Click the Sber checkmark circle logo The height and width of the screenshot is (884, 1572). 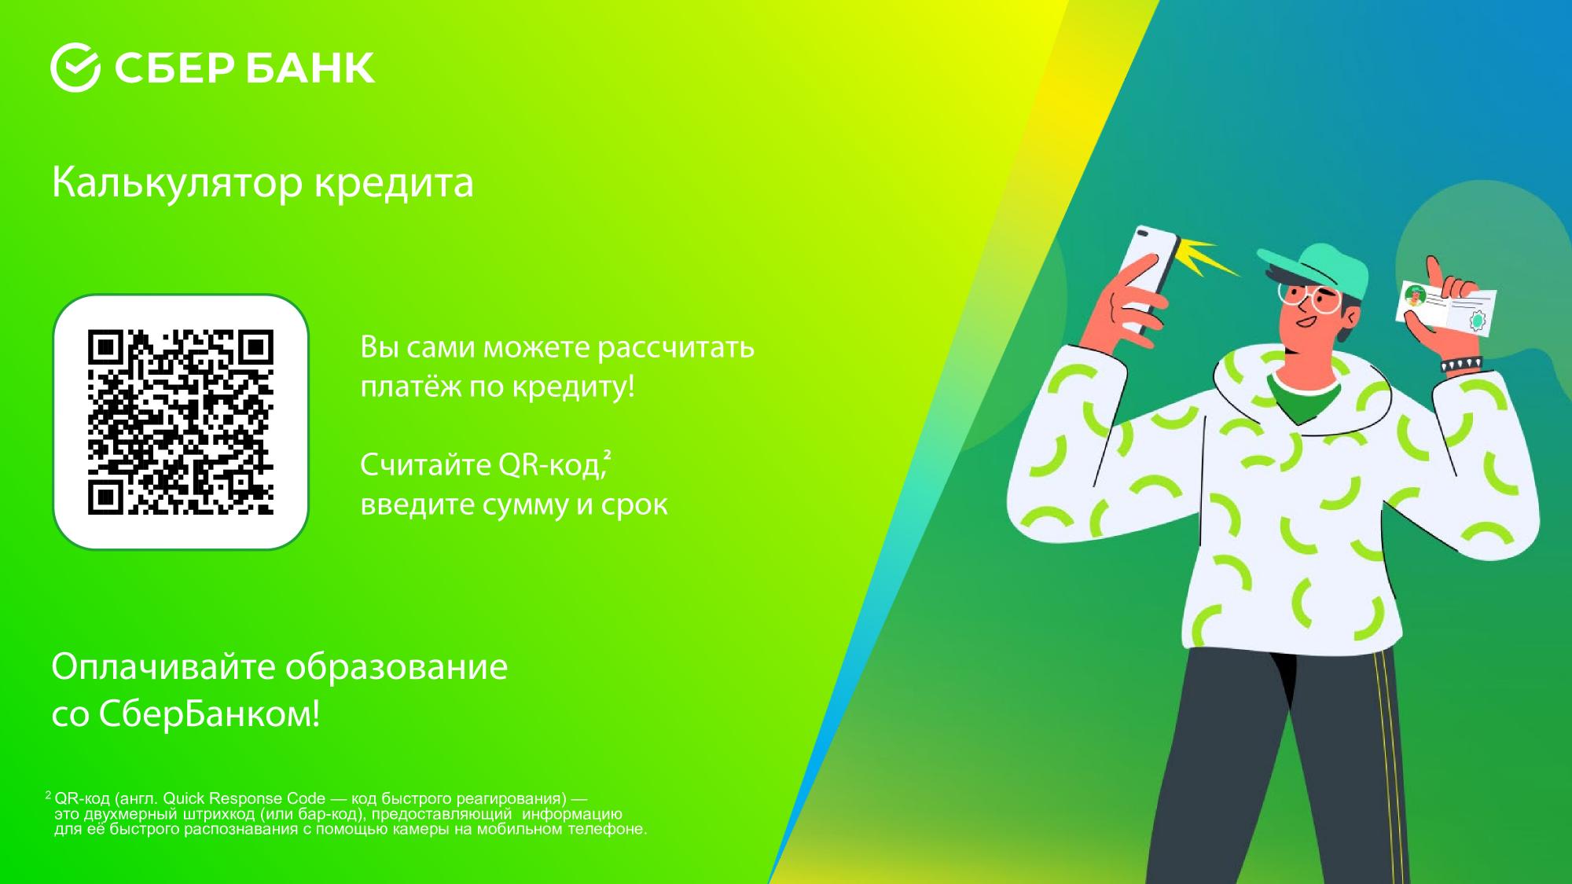tap(75, 68)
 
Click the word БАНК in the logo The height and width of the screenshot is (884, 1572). tap(310, 68)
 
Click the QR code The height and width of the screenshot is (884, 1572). tap(181, 422)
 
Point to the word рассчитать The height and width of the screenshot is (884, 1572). tap(676, 347)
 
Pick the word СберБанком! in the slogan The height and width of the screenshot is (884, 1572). tap(209, 714)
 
